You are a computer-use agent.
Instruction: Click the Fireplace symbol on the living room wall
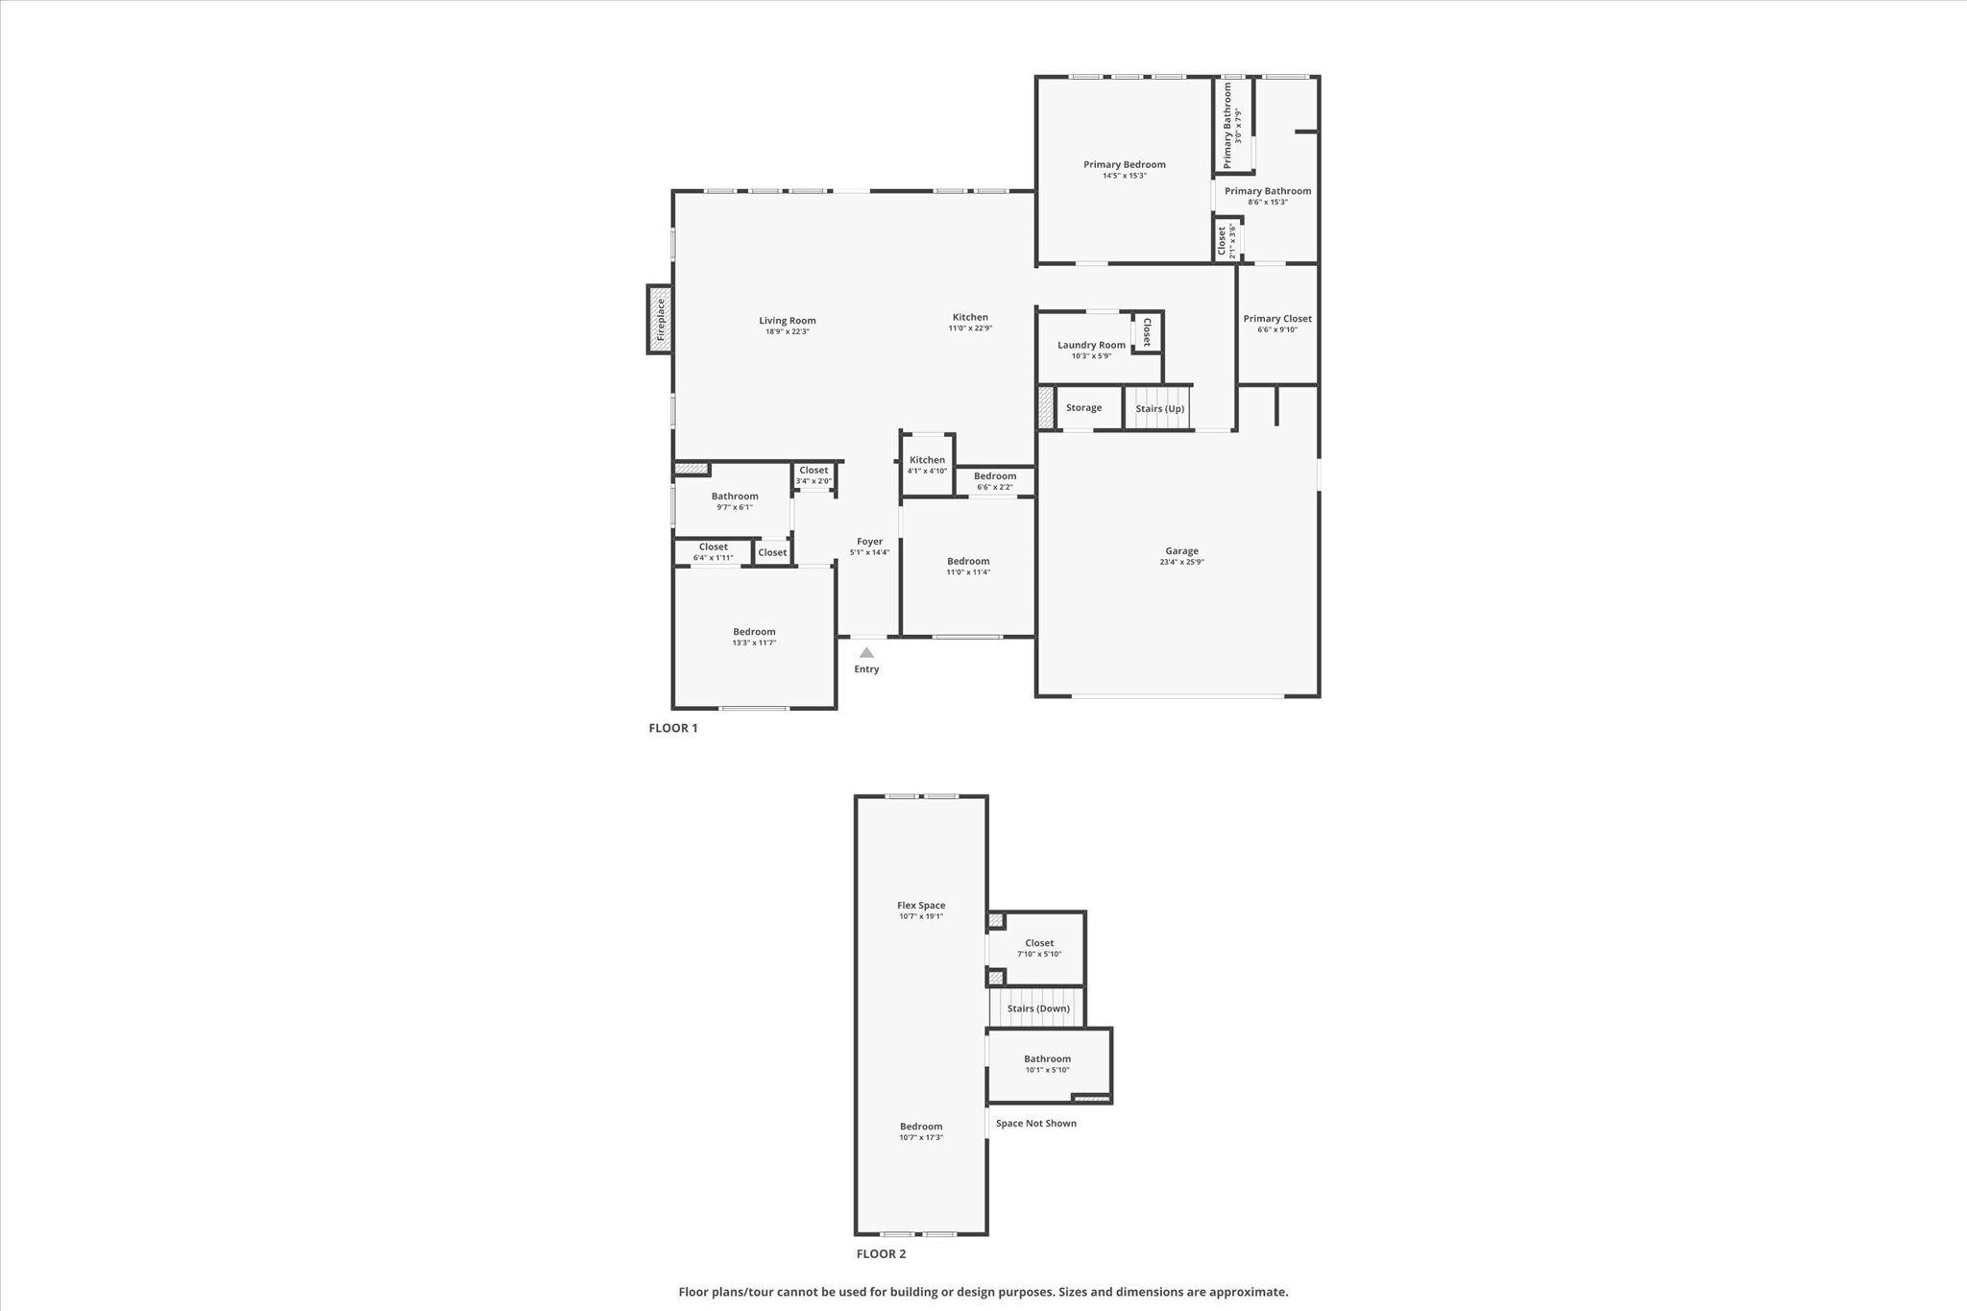[660, 319]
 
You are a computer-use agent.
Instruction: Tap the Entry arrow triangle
[866, 653]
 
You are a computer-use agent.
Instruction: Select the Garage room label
[1181, 551]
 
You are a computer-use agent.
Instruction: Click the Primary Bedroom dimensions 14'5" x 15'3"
[1124, 176]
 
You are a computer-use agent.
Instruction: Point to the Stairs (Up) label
[1159, 409]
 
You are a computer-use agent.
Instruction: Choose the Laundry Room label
[1091, 345]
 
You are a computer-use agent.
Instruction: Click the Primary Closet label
[1276, 319]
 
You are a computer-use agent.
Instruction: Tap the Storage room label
[1083, 408]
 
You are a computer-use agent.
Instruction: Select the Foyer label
[869, 542]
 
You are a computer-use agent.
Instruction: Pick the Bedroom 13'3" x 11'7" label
[754, 632]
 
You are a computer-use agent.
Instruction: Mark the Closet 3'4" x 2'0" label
[813, 471]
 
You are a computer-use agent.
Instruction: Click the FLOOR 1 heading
[672, 728]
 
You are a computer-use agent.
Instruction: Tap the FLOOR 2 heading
[881, 1253]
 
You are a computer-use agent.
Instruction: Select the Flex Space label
[921, 905]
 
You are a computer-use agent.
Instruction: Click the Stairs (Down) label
[1038, 1008]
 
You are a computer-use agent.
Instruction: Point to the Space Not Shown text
[1035, 1123]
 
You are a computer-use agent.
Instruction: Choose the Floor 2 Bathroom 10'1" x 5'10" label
[1047, 1058]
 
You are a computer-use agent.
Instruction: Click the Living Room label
[787, 321]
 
